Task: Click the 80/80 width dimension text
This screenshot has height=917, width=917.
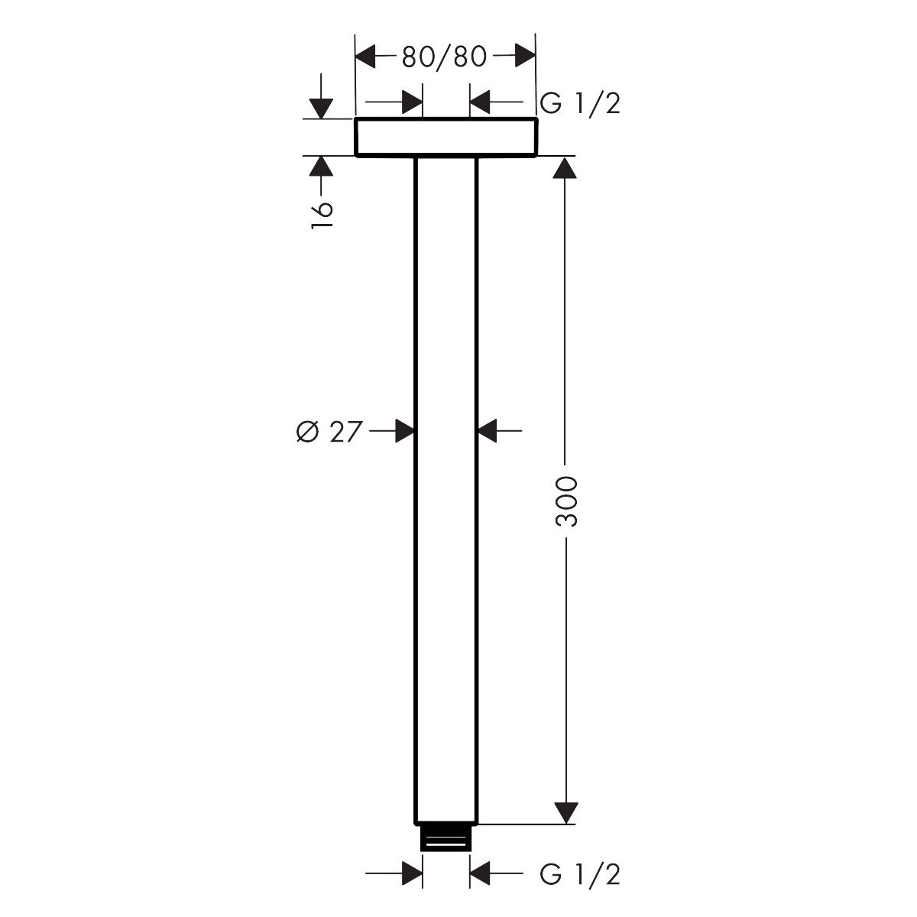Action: point(444,57)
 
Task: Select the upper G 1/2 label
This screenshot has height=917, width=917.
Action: point(580,103)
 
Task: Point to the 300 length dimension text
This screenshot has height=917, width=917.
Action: point(565,501)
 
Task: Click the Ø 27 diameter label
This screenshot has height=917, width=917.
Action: point(329,432)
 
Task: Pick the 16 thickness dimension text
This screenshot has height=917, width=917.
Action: point(322,215)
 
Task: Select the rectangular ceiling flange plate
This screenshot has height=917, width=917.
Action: point(446,137)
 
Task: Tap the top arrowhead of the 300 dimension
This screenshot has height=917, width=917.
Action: point(565,167)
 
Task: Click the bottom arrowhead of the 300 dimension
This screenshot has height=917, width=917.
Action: point(565,812)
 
